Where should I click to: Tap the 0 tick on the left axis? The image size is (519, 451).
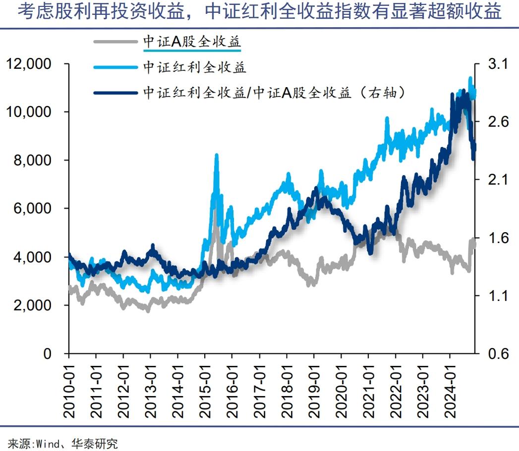pos(47,353)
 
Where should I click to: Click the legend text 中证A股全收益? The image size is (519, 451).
pos(191,42)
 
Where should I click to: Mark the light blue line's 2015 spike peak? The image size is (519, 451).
pos(216,156)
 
